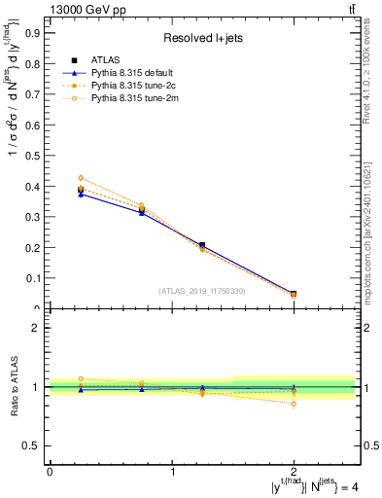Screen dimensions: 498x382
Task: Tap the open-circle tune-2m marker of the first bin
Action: [x=81, y=178]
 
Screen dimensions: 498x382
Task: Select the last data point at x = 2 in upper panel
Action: [x=294, y=294]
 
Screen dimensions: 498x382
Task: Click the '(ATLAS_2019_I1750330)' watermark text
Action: [x=202, y=291]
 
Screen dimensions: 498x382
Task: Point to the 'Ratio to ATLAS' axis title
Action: [x=13, y=387]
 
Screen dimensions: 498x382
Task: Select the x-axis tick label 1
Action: [x=172, y=472]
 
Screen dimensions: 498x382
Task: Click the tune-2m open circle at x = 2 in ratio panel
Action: [x=294, y=404]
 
